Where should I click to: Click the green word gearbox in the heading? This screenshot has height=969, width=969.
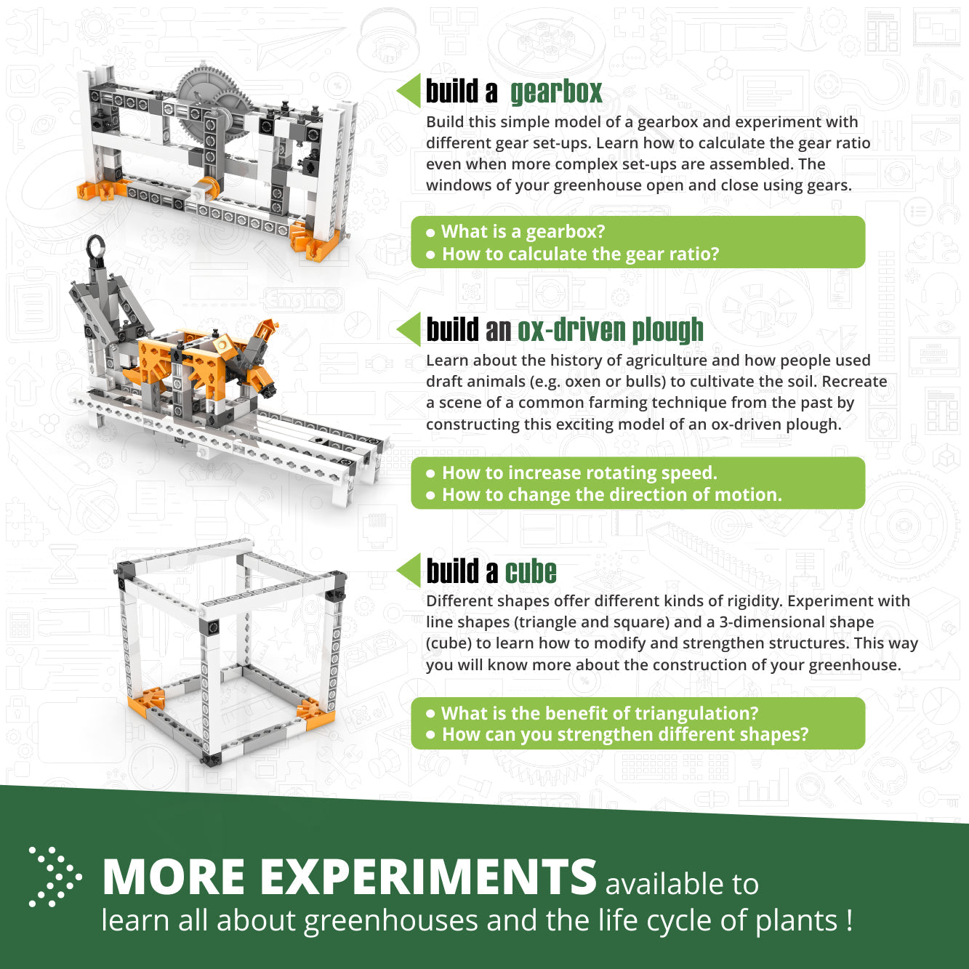tap(556, 92)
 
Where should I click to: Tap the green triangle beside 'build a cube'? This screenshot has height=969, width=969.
tap(410, 570)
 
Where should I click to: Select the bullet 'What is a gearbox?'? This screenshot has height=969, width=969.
tap(523, 232)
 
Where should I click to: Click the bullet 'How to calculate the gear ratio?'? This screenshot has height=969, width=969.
tap(580, 254)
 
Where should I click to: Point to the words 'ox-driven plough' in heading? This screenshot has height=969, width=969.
tap(610, 330)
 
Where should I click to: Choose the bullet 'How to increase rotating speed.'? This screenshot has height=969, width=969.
tap(579, 473)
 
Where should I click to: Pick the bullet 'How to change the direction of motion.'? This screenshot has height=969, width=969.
tap(611, 495)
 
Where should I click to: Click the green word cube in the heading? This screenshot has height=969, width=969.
tap(531, 572)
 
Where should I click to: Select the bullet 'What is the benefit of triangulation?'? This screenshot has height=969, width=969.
tap(599, 713)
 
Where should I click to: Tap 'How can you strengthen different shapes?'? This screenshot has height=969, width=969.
tap(624, 735)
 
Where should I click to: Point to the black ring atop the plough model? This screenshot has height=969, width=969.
tap(95, 249)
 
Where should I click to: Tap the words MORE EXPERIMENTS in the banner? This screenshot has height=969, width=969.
tap(349, 877)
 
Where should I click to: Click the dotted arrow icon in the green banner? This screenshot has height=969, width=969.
tap(55, 877)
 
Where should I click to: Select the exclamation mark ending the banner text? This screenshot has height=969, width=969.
tap(849, 921)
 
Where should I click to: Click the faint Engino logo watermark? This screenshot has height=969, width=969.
tap(302, 299)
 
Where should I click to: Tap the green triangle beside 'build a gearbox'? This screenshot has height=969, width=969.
tap(410, 91)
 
